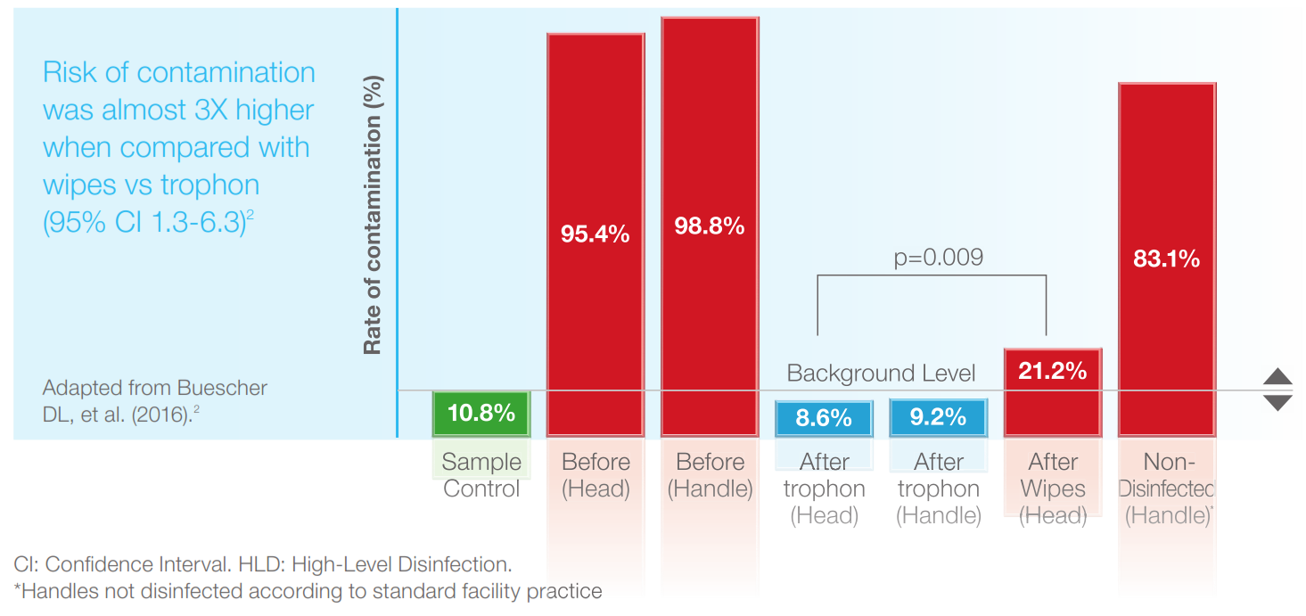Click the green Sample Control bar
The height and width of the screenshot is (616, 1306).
coord(481,414)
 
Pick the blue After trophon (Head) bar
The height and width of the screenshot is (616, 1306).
coord(823,417)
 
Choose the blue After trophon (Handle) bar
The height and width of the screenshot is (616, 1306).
coord(938,417)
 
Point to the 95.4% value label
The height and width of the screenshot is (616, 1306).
coord(595,234)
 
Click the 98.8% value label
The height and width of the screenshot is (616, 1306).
coord(709,226)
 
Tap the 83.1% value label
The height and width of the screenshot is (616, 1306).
coord(1166,259)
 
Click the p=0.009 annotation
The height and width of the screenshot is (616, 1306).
coord(938,258)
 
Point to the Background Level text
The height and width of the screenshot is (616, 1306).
coord(881,373)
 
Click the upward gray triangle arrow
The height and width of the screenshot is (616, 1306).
coord(1277,376)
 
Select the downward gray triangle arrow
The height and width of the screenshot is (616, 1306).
coord(1277,403)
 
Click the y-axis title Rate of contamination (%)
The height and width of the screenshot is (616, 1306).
coord(373,214)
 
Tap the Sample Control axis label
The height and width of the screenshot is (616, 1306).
coord(481,475)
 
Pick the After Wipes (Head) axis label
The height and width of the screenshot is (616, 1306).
coord(1053,489)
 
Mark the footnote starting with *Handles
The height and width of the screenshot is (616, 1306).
coord(308,591)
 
